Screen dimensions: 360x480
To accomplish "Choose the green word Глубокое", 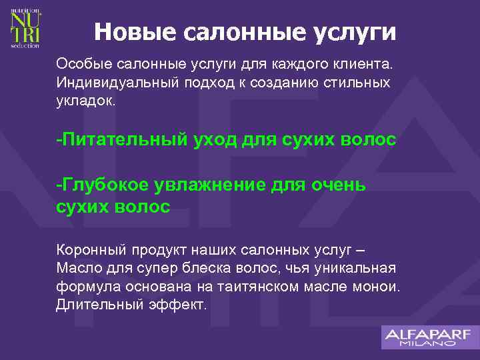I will point(103,185).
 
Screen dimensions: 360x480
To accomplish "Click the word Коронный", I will point(87,251).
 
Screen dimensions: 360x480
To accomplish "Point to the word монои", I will point(376,287).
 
